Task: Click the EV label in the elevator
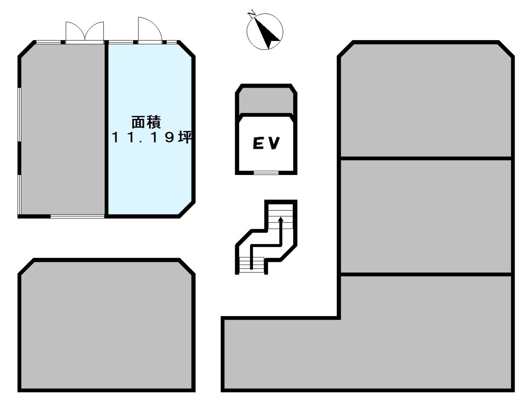[x=266, y=143]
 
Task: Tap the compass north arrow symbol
[x=265, y=32]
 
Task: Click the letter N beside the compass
[x=251, y=14]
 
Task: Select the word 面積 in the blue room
[x=146, y=122]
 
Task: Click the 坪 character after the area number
[x=184, y=137]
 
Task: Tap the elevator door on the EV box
[x=266, y=173]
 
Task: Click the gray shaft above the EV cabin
[x=266, y=100]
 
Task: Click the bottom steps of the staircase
[x=251, y=265]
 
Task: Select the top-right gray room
[x=426, y=100]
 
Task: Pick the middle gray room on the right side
[x=426, y=216]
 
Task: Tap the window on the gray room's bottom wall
[x=78, y=216]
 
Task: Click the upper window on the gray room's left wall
[x=20, y=114]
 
